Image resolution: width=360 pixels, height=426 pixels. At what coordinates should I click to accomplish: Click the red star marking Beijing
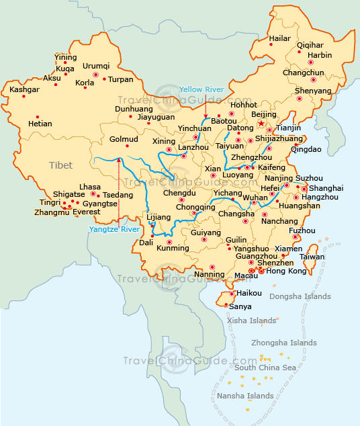coord(261,124)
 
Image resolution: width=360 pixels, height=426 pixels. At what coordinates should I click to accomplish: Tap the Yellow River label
coord(202,89)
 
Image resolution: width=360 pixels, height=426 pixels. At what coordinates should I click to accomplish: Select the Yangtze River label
coord(114,229)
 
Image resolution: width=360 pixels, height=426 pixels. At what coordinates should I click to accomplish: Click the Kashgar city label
coord(25,89)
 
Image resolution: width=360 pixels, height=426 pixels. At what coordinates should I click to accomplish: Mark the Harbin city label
coord(320,55)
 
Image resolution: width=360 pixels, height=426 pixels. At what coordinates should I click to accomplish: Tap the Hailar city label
coord(279,38)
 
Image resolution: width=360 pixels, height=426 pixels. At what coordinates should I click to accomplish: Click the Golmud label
coord(124,140)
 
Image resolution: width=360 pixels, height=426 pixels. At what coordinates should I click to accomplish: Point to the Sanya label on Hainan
coord(240,306)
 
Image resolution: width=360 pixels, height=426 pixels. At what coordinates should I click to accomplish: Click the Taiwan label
coord(312,257)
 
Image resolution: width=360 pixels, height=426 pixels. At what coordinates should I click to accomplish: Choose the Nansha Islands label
coord(245,396)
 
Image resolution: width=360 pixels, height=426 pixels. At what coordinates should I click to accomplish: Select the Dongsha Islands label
coord(300,296)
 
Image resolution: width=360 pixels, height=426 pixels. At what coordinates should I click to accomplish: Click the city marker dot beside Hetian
coord(38,112)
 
